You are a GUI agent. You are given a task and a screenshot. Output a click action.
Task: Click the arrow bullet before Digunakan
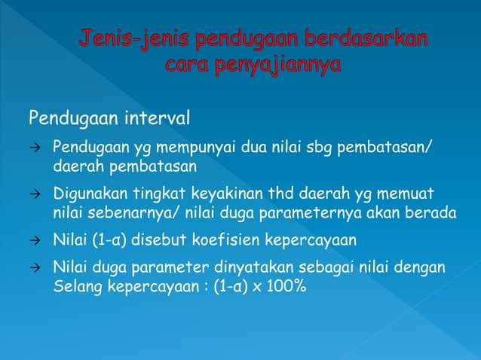pos(34,195)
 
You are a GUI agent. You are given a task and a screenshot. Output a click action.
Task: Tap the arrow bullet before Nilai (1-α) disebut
pos(34,241)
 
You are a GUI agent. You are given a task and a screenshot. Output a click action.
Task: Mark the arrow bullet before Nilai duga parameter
pos(34,269)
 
